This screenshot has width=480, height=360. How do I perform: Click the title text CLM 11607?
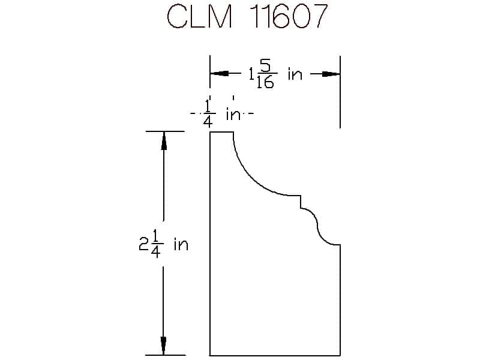tap(247, 16)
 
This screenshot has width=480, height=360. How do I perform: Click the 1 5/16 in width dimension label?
tap(275, 74)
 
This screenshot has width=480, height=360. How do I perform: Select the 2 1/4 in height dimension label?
tap(163, 244)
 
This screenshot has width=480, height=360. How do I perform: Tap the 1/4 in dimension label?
tap(222, 113)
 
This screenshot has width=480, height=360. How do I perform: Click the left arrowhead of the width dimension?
tap(219, 74)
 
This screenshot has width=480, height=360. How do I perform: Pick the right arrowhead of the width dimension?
tap(331, 74)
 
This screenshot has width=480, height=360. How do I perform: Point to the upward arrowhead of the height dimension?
tap(164, 141)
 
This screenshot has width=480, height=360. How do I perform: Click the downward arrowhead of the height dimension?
tap(163, 346)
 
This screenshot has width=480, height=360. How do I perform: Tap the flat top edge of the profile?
tap(221, 132)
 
